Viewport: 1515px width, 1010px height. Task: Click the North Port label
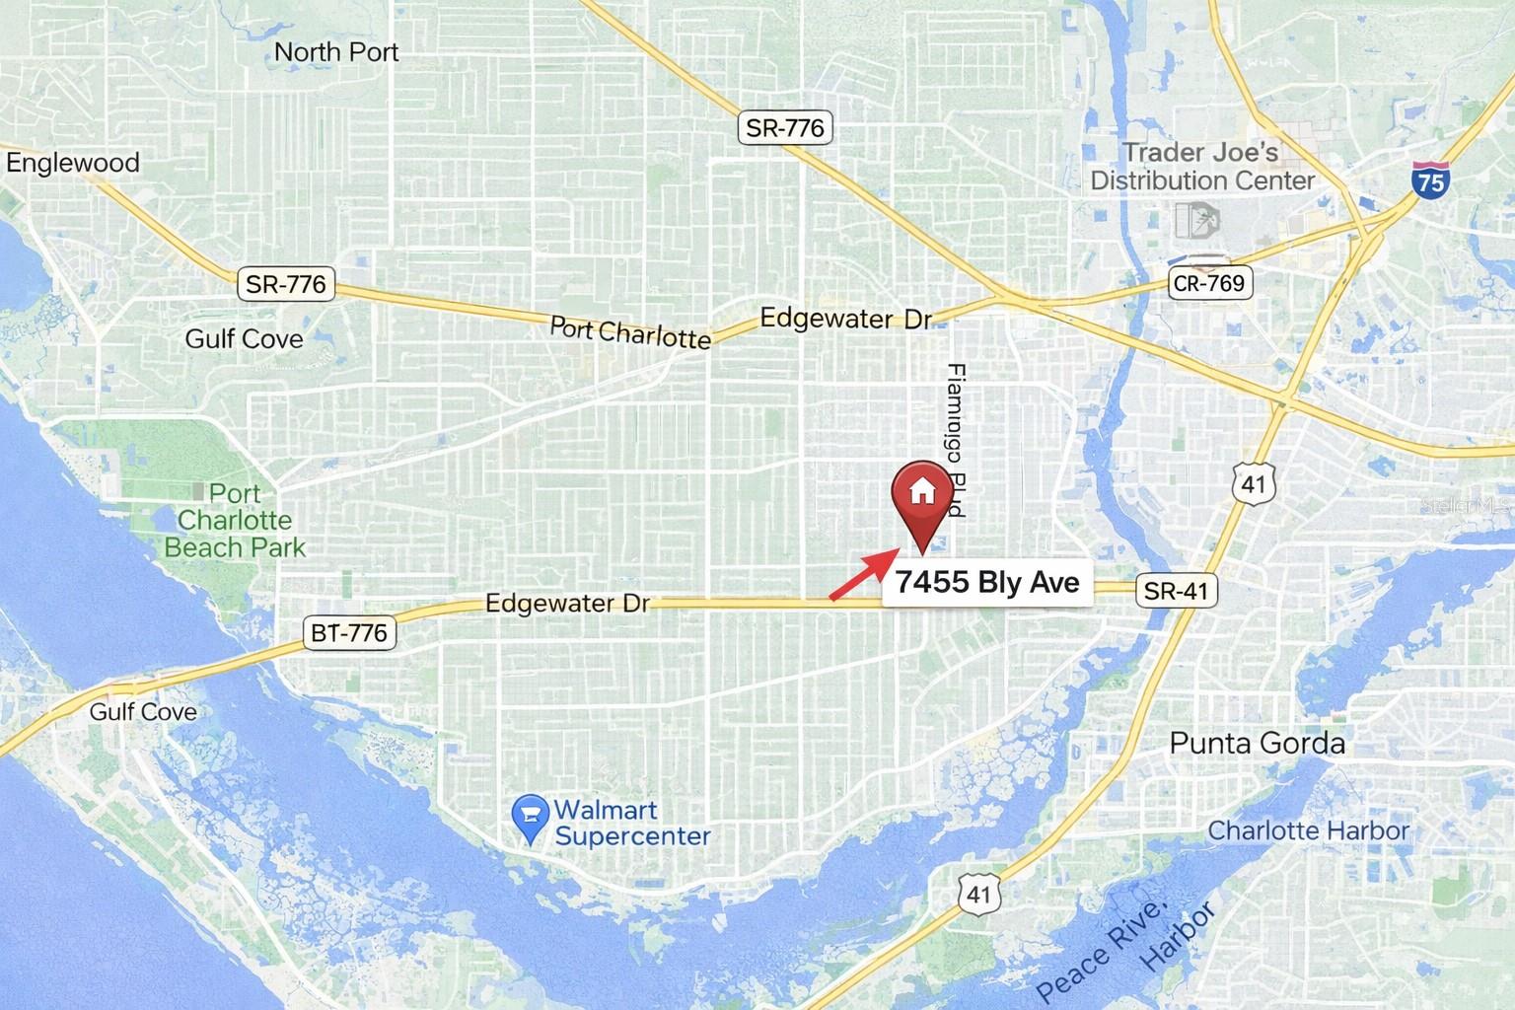pos(335,51)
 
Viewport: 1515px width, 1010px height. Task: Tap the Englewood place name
pos(73,162)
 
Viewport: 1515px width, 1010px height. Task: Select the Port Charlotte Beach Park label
pos(235,520)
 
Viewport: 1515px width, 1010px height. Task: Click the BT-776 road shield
pos(349,632)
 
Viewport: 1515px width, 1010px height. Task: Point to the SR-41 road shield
pos(1176,591)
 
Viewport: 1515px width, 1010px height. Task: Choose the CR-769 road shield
pos(1208,283)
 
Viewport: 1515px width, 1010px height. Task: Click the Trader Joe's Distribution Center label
pos(1202,167)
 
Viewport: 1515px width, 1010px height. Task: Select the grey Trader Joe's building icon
pos(1196,220)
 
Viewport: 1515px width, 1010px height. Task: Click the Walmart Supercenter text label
pos(631,823)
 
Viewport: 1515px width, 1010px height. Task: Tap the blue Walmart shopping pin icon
pos(531,819)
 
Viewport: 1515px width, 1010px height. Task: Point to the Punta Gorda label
pos(1257,743)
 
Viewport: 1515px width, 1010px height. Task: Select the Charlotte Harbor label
pos(1309,830)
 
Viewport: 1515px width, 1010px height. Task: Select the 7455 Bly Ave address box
pos(986,582)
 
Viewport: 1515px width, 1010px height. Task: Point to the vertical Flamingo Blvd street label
pos(954,441)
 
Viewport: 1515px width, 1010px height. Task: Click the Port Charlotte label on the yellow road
pos(629,331)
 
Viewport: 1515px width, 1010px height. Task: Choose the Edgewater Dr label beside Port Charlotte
pos(845,319)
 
